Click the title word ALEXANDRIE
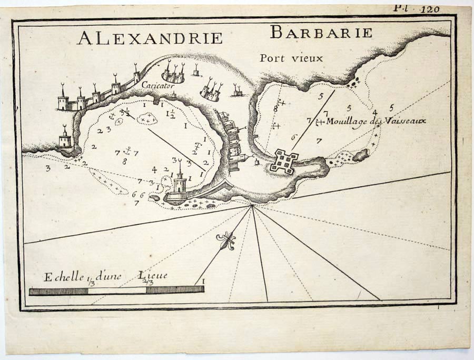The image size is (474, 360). (x=150, y=38)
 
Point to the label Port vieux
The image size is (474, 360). (x=291, y=58)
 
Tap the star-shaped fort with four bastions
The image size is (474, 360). (x=284, y=160)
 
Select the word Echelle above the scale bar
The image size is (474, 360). (x=62, y=277)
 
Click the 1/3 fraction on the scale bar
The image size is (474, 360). (x=92, y=283)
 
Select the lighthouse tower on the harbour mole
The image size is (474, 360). (x=180, y=181)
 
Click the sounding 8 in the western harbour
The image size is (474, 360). (x=124, y=162)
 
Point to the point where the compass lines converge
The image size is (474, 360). (x=252, y=206)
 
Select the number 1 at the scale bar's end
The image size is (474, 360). (x=203, y=282)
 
